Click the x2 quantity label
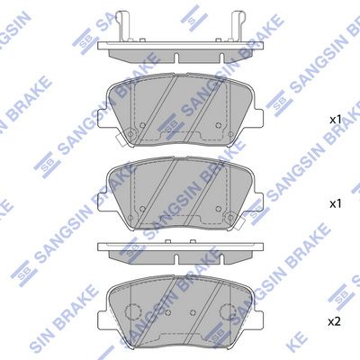click(x=335, y=322)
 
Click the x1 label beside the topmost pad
click(x=336, y=120)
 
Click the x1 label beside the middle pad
click(x=336, y=204)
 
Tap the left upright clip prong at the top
click(x=123, y=26)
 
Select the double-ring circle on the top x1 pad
click(x=130, y=134)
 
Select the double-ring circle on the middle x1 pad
click(x=230, y=217)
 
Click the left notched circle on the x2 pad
click(x=132, y=311)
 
